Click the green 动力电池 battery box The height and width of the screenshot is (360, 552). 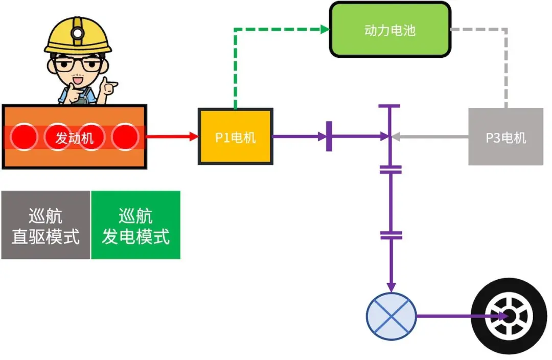coord(390,30)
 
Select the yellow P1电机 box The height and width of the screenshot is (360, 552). coord(236,137)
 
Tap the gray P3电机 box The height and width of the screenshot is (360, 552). coord(505,137)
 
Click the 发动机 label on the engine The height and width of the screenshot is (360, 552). coord(75,138)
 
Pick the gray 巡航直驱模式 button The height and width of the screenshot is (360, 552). coord(45,225)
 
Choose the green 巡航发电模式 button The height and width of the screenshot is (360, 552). coord(135,225)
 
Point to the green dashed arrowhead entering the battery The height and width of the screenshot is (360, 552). coord(325,30)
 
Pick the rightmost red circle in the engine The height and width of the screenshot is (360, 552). coord(125,137)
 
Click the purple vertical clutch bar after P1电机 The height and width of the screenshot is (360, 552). coord(329,137)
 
